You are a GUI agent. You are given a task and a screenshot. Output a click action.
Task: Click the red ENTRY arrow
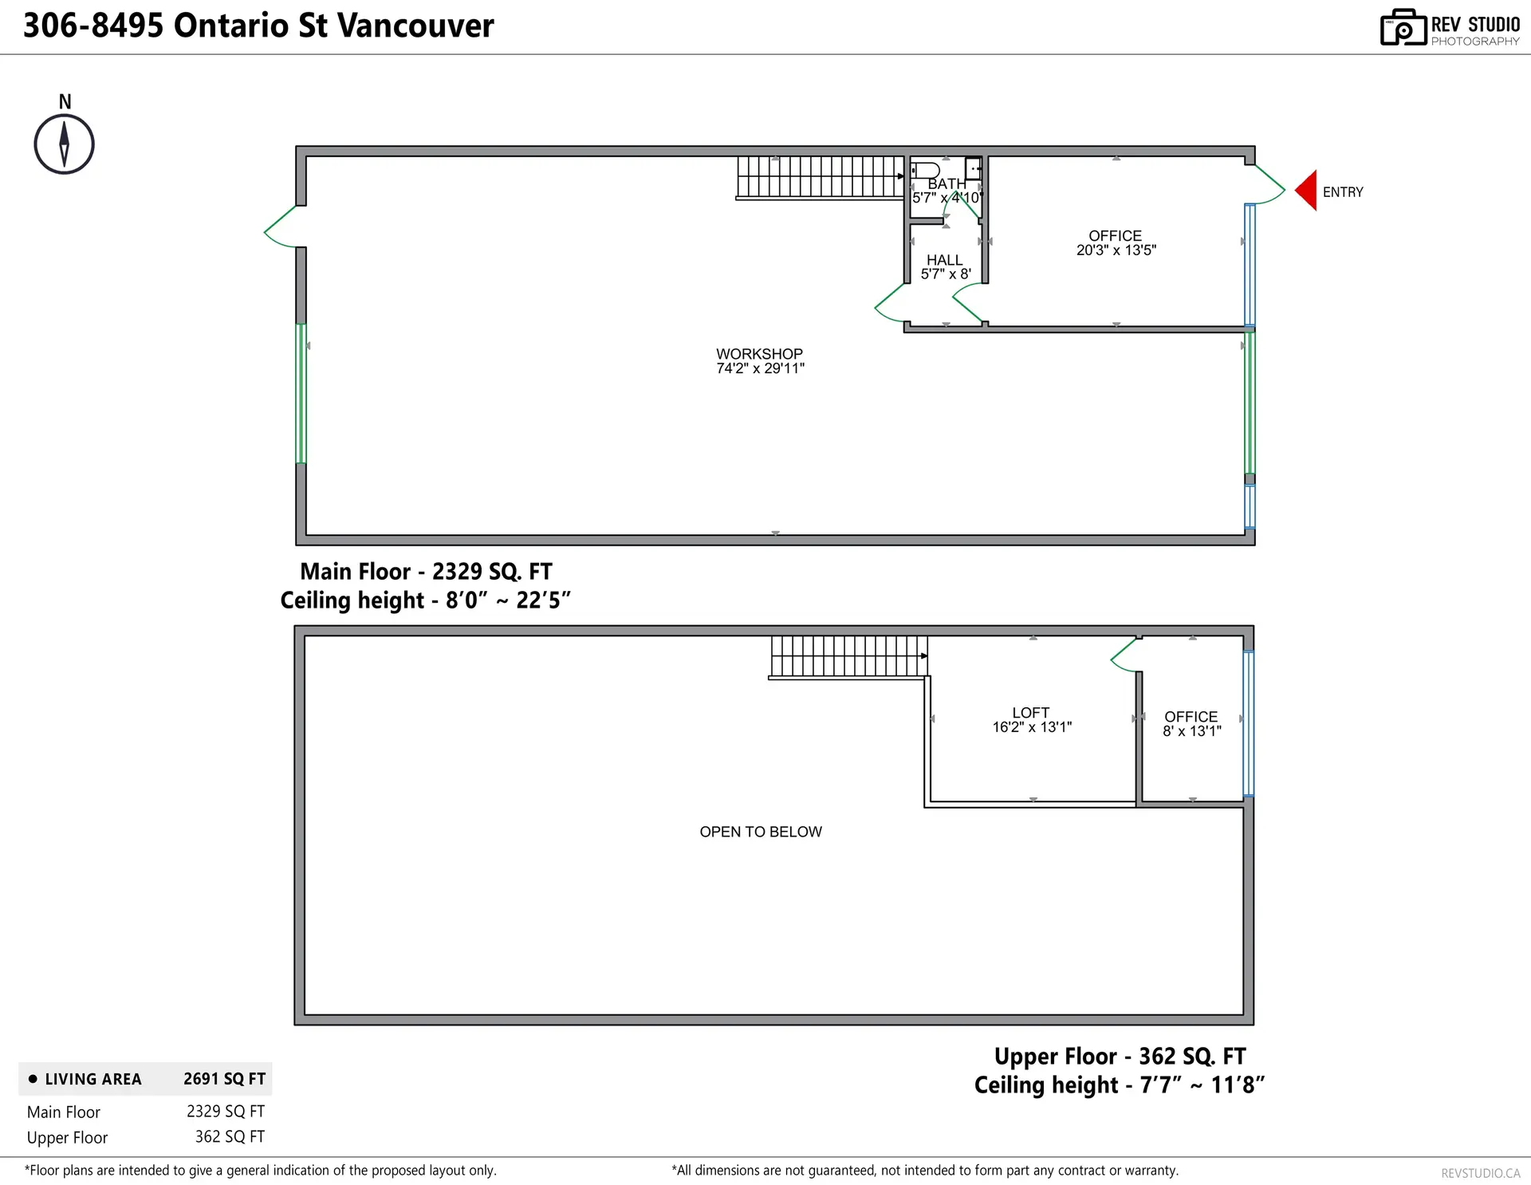pos(1306,191)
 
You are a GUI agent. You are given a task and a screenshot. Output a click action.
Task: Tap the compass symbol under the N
pos(65,144)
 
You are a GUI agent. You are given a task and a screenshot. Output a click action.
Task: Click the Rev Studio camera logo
pos(1403,28)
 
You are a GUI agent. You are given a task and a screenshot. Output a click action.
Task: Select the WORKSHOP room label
pos(759,354)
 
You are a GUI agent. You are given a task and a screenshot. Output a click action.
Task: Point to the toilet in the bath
pos(926,170)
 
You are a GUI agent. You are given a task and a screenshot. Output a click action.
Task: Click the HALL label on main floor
pos(944,260)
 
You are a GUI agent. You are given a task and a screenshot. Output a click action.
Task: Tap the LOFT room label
pos(1030,713)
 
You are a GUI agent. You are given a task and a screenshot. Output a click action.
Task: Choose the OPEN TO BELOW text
pos(761,832)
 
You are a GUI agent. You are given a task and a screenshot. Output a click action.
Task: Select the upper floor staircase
pos(848,656)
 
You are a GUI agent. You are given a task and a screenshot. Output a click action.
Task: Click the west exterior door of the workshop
pos(281,227)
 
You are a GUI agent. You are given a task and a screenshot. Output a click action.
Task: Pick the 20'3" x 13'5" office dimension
pos(1116,250)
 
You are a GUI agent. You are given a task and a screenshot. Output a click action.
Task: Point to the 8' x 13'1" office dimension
pos(1191,731)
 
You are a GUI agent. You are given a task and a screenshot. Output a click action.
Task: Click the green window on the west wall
pos(301,393)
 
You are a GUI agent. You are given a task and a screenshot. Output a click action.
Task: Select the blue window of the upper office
pos(1248,723)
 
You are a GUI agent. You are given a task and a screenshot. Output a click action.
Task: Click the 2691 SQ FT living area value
pos(224,1079)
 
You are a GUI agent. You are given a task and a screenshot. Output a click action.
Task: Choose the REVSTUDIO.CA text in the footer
pos(1480,1173)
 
